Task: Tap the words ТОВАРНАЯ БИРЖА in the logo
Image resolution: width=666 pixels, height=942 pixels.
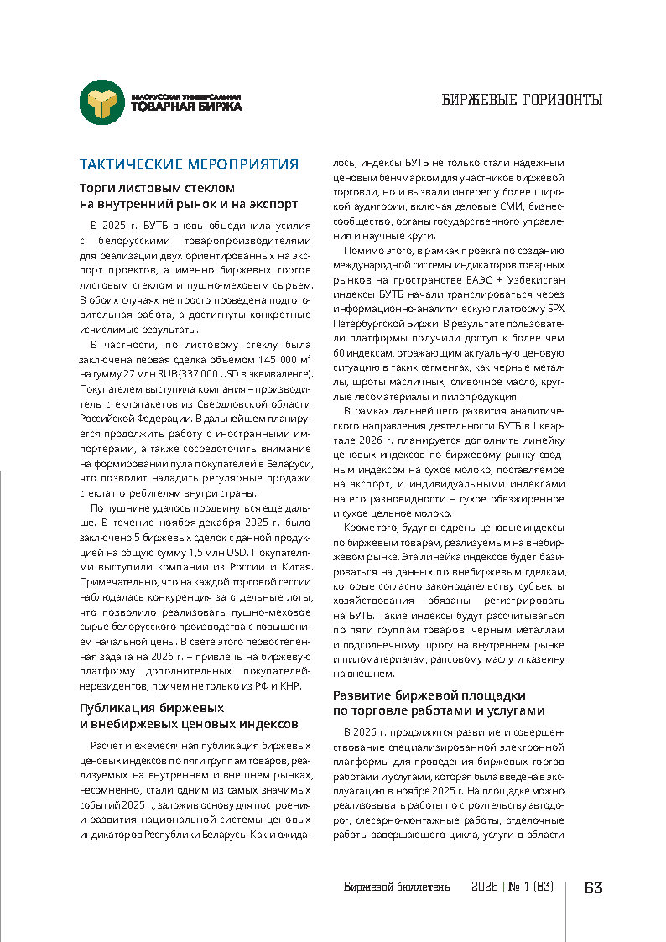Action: click(186, 107)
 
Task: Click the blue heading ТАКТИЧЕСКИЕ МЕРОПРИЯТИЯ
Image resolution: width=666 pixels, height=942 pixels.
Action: click(188, 164)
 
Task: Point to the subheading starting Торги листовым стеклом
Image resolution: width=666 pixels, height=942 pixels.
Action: click(157, 188)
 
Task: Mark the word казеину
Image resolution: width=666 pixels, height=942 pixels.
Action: click(544, 659)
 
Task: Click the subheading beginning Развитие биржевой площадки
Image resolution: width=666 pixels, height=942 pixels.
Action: click(429, 695)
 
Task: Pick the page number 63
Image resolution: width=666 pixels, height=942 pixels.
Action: click(593, 887)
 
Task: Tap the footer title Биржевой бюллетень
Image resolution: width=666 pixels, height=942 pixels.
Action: click(397, 887)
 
